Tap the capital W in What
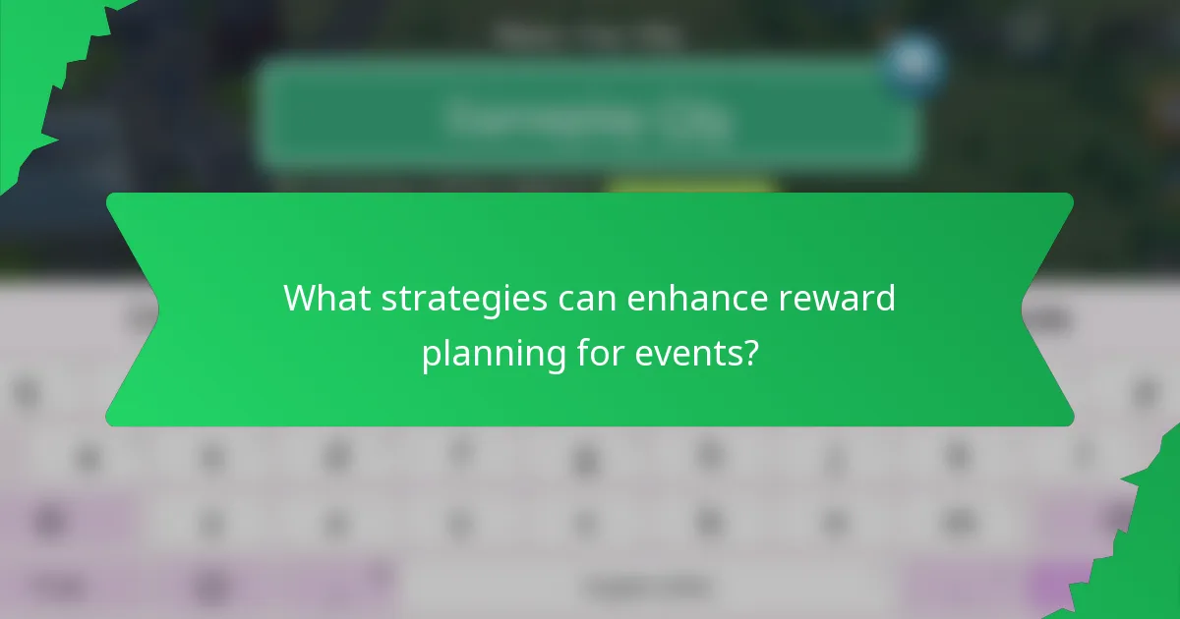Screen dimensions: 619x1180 point(299,298)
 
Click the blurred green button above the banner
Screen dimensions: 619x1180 point(588,118)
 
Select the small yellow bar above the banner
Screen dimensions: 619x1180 point(690,187)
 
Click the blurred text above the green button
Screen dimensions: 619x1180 point(588,37)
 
